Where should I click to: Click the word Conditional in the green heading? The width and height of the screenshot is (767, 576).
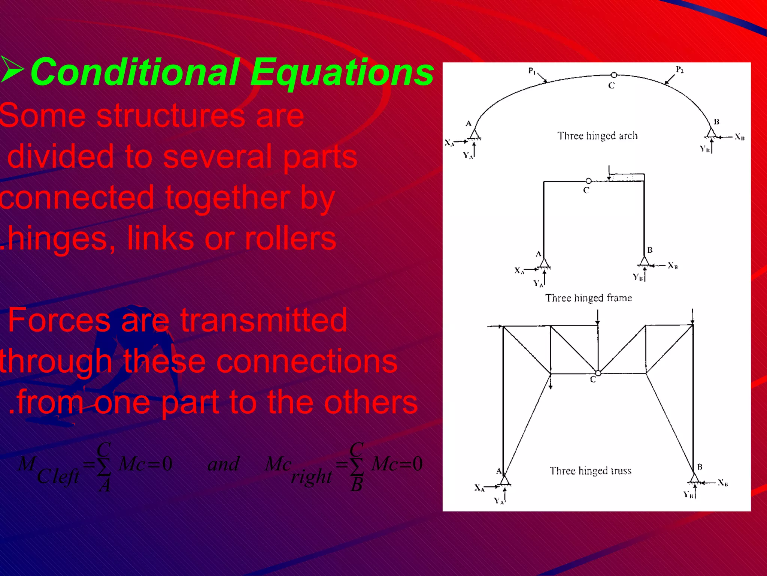[x=135, y=72]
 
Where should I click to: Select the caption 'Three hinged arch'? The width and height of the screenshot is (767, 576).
[x=597, y=136]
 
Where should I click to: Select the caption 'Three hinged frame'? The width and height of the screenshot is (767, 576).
[x=588, y=298]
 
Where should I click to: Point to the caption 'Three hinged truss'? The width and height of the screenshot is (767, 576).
[x=590, y=471]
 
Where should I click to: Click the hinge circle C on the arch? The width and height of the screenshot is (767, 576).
[x=613, y=75]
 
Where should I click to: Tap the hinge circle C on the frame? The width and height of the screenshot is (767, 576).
[x=588, y=181]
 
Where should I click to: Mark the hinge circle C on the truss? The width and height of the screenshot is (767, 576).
[x=598, y=373]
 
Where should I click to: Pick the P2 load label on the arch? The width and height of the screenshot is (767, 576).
[x=680, y=69]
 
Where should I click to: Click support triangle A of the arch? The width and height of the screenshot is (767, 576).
[x=475, y=134]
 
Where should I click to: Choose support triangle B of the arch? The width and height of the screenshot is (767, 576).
[x=711, y=132]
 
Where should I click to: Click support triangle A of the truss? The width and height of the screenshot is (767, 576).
[x=504, y=480]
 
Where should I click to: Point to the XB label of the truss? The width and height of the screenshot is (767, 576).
[x=723, y=483]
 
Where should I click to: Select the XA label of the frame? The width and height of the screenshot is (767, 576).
[x=519, y=270]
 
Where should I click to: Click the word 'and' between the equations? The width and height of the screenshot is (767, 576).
[x=224, y=465]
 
